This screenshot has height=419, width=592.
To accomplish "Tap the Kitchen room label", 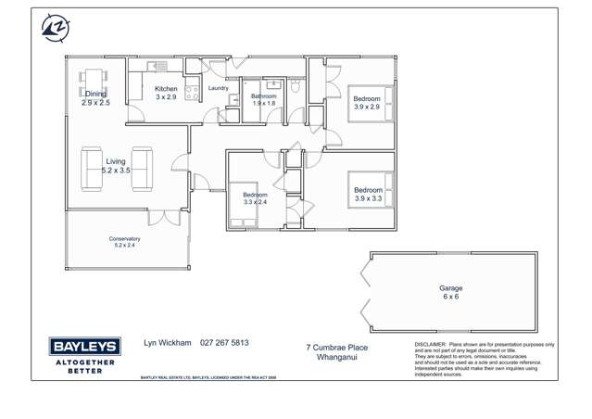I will click(x=166, y=89).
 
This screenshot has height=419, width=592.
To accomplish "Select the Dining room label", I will click(x=95, y=95).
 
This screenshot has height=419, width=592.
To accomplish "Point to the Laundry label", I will click(x=218, y=89).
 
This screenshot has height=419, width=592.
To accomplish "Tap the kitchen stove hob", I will click(x=194, y=92).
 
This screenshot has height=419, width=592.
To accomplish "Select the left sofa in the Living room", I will click(x=92, y=168).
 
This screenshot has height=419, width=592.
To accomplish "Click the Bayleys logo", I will click(x=82, y=354).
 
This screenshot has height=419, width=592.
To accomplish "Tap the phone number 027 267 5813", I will click(x=224, y=343).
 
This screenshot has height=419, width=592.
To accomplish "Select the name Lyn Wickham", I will click(x=167, y=343).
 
